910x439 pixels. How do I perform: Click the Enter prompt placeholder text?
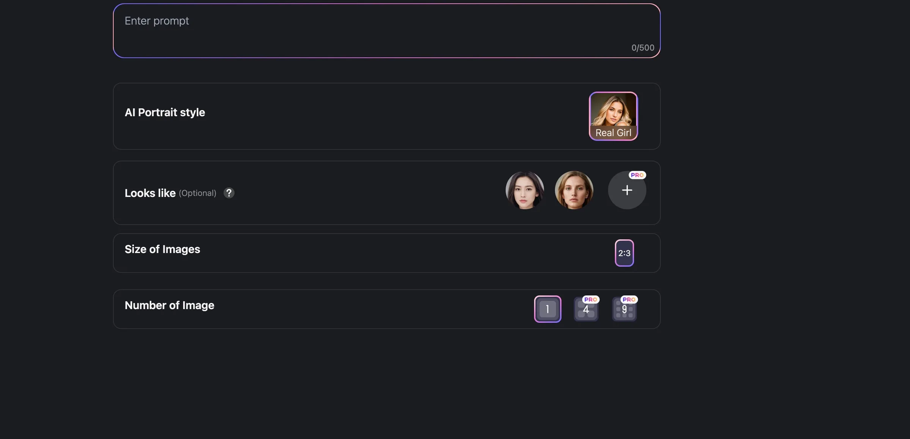click(157, 21)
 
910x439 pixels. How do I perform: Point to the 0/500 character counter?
click(643, 48)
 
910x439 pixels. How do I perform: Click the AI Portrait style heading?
click(165, 112)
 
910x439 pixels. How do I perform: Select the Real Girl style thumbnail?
click(613, 116)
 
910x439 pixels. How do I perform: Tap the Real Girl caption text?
click(613, 133)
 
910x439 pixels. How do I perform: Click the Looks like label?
click(150, 193)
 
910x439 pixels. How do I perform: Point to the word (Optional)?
click(198, 193)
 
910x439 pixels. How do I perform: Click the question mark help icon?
click(229, 193)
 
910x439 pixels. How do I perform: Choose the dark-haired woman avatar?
click(525, 190)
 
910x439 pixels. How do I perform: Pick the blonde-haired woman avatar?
click(574, 190)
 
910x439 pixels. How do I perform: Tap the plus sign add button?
click(627, 190)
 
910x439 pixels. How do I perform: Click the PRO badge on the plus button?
click(637, 175)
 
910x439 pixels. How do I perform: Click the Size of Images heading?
click(162, 249)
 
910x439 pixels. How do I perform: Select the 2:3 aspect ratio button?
click(624, 253)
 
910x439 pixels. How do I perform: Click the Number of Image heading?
click(169, 305)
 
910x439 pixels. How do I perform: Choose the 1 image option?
click(548, 309)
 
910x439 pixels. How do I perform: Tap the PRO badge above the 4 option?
click(591, 300)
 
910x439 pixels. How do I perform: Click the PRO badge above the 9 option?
click(629, 300)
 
